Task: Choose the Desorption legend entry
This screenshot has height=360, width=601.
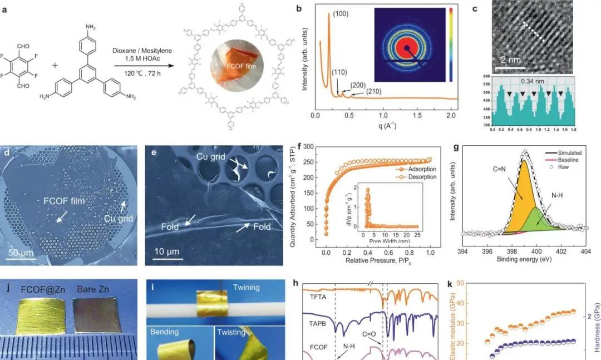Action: (x=422, y=177)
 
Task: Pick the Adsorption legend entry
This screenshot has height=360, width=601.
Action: (x=422, y=167)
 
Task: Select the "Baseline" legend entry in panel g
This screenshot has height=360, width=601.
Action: (x=566, y=160)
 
